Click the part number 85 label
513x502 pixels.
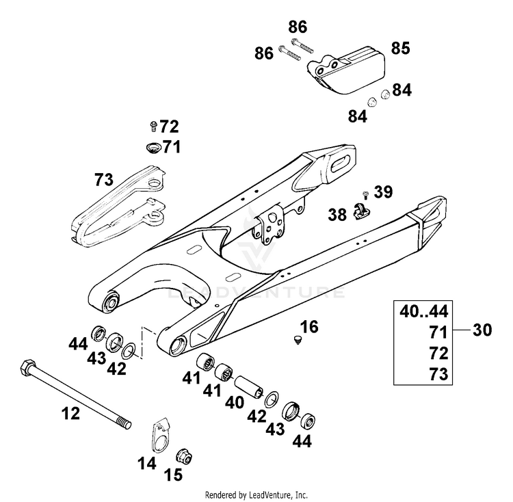[x=400, y=49]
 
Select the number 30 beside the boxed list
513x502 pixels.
[x=482, y=330]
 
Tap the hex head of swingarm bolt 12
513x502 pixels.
[x=27, y=367]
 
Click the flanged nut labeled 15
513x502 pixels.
[x=184, y=456]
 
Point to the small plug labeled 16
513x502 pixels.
[x=298, y=339]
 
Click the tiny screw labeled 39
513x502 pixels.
[x=365, y=195]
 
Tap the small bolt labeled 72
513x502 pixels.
[x=153, y=126]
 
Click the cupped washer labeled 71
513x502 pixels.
[x=153, y=147]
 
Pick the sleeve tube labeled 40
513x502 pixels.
[x=249, y=386]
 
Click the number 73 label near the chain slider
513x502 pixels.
[x=104, y=180]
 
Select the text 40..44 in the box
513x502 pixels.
[x=423, y=311]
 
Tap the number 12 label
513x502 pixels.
[x=70, y=413]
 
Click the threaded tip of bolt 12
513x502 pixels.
[x=126, y=423]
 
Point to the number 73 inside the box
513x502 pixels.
[x=438, y=373]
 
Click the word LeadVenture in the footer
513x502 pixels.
[x=269, y=494]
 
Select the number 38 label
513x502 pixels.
[x=337, y=215]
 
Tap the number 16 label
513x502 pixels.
[x=309, y=326]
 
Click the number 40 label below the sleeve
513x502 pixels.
[x=235, y=402]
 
